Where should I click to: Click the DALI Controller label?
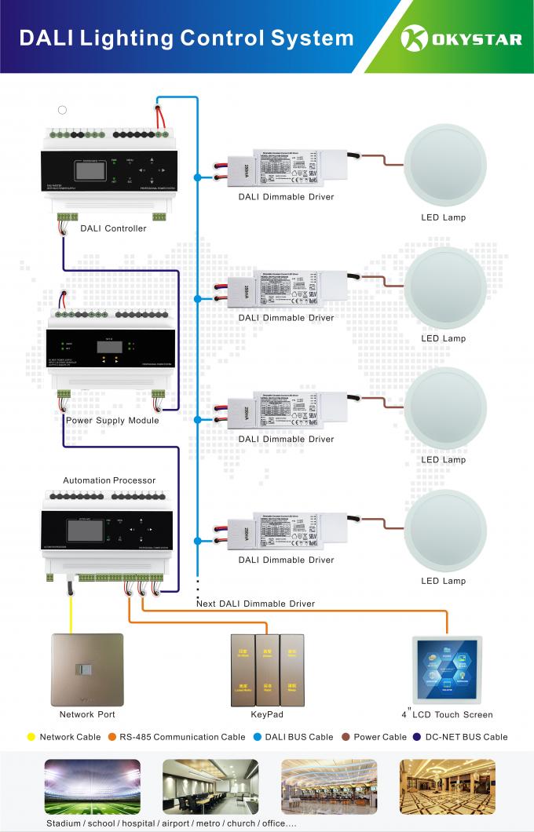pyautogui.click(x=113, y=228)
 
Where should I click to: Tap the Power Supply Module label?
pyautogui.click(x=112, y=420)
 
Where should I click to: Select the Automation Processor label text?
pyautogui.click(x=109, y=480)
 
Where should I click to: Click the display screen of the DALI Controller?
pyautogui.click(x=87, y=172)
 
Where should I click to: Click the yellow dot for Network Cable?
pyautogui.click(x=31, y=737)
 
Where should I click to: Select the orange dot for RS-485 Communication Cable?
pyautogui.click(x=112, y=737)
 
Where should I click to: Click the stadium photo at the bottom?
pyautogui.click(x=93, y=787)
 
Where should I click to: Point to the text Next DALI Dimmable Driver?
pyautogui.click(x=255, y=604)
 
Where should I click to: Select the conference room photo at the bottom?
pyautogui.click(x=210, y=787)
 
